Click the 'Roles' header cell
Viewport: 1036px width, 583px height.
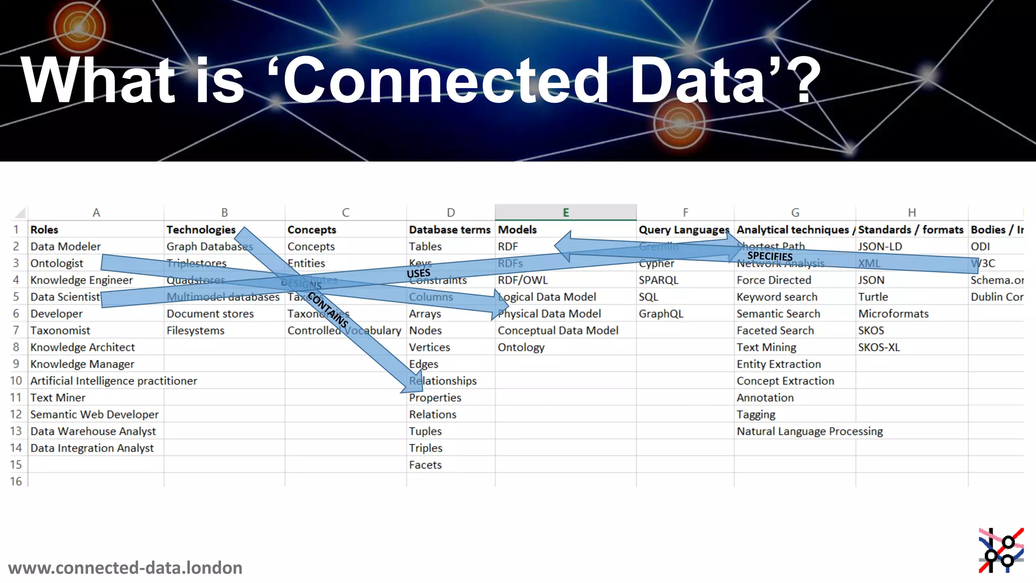[45, 230]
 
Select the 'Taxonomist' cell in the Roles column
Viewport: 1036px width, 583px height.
[60, 330]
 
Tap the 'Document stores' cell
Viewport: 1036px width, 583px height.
[210, 314]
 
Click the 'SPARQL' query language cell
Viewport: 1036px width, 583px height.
[658, 280]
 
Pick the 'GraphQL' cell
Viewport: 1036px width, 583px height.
[661, 314]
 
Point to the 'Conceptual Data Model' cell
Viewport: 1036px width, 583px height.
[557, 330]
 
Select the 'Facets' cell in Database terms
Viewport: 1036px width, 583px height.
[425, 465]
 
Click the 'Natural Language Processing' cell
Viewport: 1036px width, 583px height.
[809, 431]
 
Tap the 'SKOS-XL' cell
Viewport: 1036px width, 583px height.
[879, 347]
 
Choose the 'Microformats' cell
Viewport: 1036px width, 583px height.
[893, 314]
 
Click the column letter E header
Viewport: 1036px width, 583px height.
[566, 213]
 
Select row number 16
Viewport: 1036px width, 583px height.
[16, 481]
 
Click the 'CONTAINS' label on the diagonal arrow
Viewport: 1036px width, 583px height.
[328, 310]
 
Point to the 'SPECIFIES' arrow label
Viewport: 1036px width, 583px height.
[769, 256]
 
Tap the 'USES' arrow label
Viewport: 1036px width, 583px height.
[418, 273]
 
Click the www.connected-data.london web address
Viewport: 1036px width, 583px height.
[125, 568]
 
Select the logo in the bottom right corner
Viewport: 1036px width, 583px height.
[1001, 551]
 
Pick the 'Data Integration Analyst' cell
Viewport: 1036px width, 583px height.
[92, 448]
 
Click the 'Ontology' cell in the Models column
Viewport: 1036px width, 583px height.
[521, 347]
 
